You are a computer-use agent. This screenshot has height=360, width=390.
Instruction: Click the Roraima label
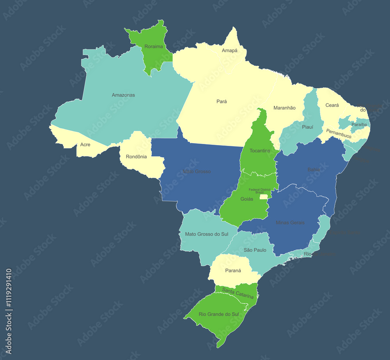tap(153, 46)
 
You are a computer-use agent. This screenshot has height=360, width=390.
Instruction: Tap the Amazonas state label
tap(123, 95)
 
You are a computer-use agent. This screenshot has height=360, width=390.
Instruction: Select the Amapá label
tap(229, 51)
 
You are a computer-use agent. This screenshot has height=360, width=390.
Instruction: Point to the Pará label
tap(222, 101)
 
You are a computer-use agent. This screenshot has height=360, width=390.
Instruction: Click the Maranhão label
tap(284, 108)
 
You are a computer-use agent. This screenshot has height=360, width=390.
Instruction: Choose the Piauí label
tap(307, 127)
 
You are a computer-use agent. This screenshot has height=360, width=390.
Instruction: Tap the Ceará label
tap(332, 105)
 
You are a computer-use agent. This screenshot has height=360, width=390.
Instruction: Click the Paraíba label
tap(359, 124)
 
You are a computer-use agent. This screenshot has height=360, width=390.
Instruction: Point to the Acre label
tap(85, 145)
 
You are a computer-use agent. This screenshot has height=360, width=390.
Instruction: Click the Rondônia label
tap(136, 157)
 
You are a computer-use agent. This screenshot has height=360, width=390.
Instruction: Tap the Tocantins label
tap(260, 151)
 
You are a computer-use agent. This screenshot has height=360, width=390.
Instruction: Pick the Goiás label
tap(246, 199)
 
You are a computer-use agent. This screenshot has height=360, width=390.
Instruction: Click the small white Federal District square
tap(264, 197)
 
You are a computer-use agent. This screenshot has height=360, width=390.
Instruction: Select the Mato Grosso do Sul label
tap(207, 234)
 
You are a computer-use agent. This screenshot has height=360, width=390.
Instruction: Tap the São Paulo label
tap(255, 250)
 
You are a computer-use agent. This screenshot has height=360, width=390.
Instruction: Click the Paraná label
tap(233, 271)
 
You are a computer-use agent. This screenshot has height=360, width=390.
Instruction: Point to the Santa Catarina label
tap(238, 293)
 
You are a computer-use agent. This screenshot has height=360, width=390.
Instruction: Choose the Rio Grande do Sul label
tap(219, 314)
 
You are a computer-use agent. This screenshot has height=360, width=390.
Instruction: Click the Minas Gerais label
tap(290, 223)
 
